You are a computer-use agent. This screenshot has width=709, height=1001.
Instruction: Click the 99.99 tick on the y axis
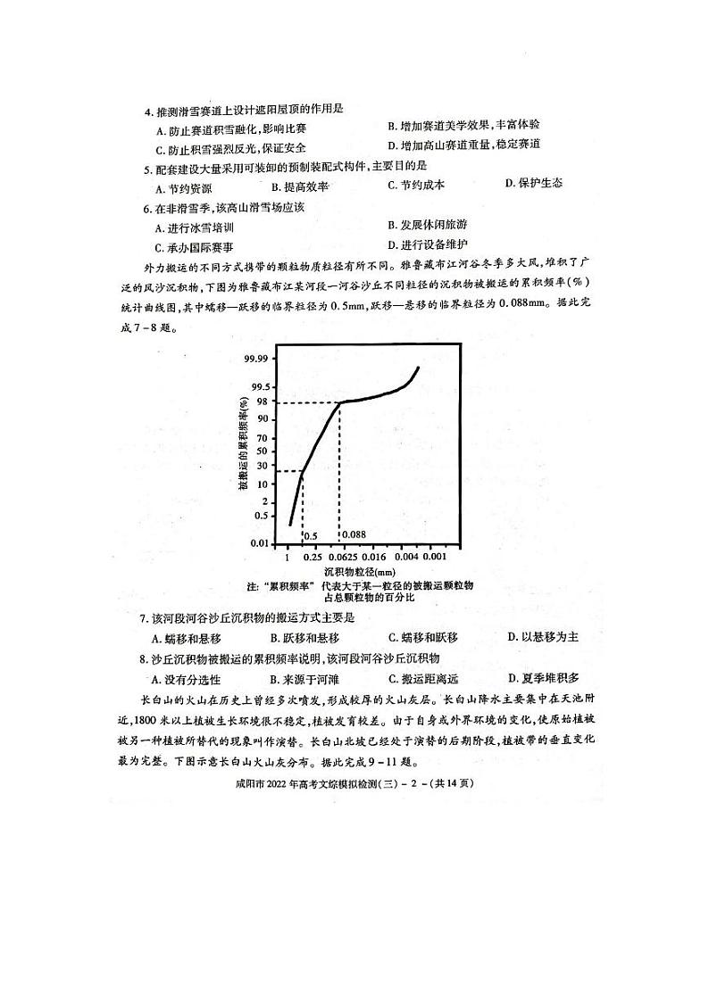(254, 359)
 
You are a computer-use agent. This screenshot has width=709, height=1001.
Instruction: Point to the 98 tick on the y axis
(261, 402)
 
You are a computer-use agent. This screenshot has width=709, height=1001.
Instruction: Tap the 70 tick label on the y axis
(261, 438)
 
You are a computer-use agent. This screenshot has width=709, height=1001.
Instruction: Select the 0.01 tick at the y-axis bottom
(257, 542)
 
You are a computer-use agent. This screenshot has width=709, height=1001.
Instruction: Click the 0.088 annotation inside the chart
(354, 535)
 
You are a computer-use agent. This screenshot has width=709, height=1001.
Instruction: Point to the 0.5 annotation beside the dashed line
(312, 536)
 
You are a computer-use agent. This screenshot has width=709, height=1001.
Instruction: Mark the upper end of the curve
(417, 368)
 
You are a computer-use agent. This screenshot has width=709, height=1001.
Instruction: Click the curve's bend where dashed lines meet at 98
(339, 402)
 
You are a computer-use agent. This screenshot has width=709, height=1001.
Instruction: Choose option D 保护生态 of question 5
(533, 184)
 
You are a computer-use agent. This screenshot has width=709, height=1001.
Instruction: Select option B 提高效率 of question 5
(300, 186)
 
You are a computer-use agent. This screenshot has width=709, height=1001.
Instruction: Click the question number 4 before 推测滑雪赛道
(147, 112)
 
